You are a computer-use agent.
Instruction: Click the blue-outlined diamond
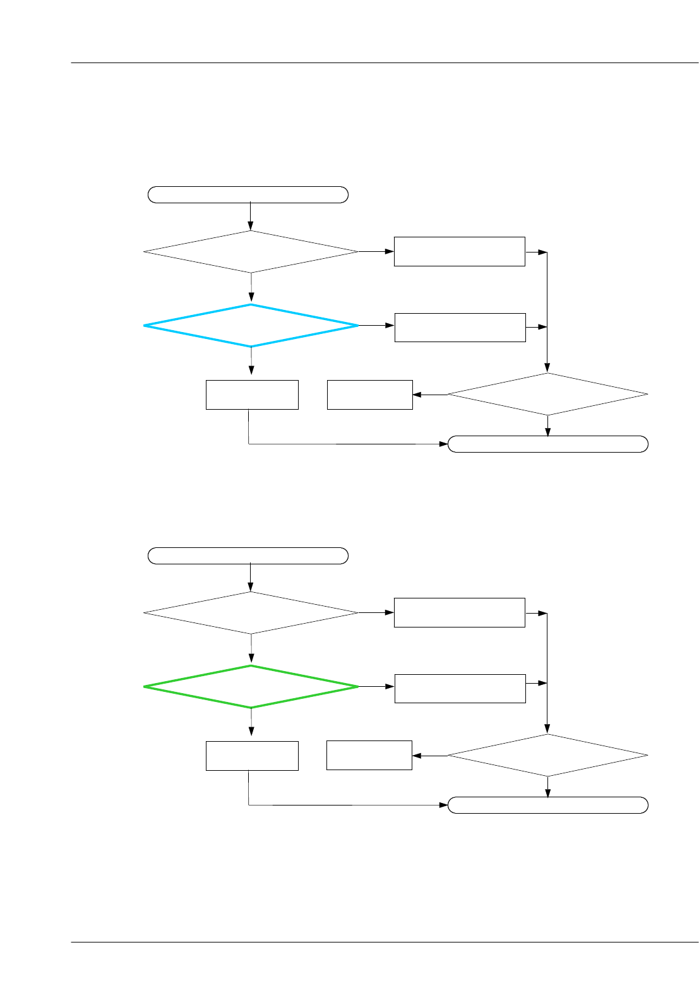251,326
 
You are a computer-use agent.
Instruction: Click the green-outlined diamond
251,687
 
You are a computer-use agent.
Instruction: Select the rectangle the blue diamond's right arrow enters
460,327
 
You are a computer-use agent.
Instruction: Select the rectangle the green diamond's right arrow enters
460,688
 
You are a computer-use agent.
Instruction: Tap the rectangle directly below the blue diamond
252,395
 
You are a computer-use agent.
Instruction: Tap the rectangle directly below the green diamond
252,756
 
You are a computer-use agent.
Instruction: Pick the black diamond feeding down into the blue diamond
251,252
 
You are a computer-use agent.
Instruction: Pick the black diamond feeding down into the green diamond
251,613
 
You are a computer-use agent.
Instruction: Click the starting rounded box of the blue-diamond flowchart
248,194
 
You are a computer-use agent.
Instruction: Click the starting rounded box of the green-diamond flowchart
248,556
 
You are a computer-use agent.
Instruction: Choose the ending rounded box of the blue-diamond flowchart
547,444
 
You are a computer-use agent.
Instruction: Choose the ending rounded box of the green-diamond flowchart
547,805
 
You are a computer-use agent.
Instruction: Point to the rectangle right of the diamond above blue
459,251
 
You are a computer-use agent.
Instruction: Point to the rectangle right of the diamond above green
459,612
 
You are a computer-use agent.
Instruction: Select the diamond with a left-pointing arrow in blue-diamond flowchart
547,395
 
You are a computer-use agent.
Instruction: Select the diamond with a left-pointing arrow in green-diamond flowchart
547,756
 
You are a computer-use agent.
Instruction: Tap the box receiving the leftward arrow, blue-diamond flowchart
370,395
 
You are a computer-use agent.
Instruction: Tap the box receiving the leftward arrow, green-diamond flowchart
369,755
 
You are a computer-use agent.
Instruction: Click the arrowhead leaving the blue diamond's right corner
390,326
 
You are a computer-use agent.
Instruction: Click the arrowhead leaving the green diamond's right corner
390,687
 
